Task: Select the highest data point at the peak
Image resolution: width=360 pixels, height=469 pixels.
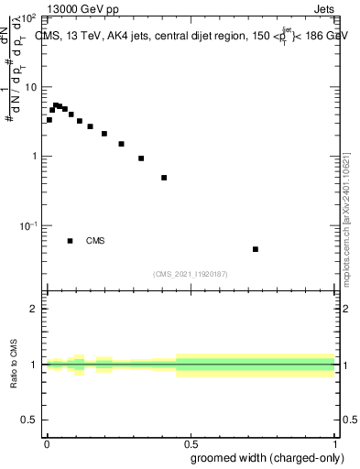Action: [x=56, y=105]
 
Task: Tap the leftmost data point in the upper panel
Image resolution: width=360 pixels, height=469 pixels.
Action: [x=49, y=120]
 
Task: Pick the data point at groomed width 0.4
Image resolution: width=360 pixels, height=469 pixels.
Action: [x=164, y=178]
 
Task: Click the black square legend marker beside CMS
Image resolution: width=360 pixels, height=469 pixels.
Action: [x=71, y=241]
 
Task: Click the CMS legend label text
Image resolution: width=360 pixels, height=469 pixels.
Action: [x=95, y=241]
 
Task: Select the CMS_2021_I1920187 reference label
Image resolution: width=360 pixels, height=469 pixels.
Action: [x=191, y=273]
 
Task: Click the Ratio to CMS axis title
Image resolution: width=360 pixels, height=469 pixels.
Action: [x=15, y=365]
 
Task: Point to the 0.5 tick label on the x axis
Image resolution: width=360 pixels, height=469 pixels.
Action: [x=191, y=442]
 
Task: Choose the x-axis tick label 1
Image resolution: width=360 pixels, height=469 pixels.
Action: [x=335, y=442]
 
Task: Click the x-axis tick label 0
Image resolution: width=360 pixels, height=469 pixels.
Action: [x=47, y=442]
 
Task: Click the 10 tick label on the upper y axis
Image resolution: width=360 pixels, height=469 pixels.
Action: [x=30, y=87]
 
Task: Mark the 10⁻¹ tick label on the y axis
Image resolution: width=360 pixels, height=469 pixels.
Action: [x=27, y=225]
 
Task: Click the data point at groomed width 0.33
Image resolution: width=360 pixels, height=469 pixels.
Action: [x=141, y=158]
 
